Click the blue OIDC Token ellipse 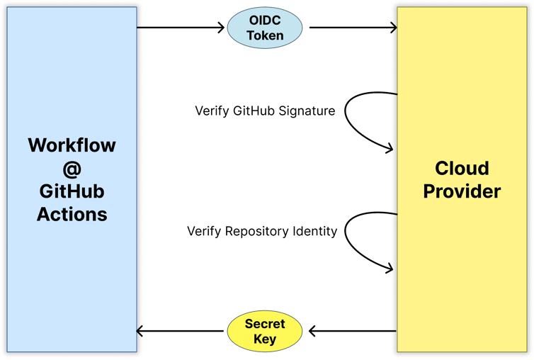pyautogui.click(x=265, y=28)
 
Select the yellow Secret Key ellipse pyautogui.click(x=265, y=331)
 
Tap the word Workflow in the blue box pyautogui.click(x=72, y=146)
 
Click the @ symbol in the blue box pyautogui.click(x=72, y=169)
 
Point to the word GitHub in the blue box pyautogui.click(x=72, y=191)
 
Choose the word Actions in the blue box pyautogui.click(x=72, y=214)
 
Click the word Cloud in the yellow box pyautogui.click(x=462, y=168)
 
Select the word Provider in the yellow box pyautogui.click(x=462, y=191)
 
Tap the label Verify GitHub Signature pyautogui.click(x=265, y=111)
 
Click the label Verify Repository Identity pyautogui.click(x=262, y=232)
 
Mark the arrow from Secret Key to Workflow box pyautogui.click(x=181, y=331)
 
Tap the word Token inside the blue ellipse pyautogui.click(x=265, y=35)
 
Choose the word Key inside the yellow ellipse pyautogui.click(x=265, y=339)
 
